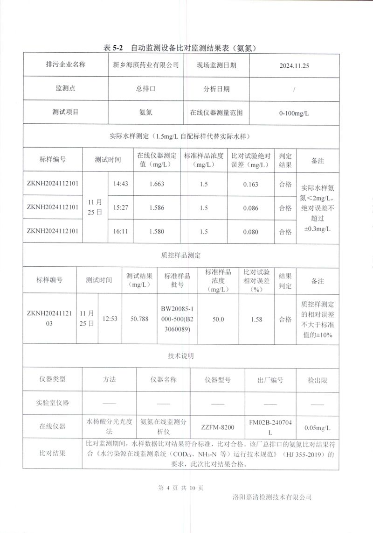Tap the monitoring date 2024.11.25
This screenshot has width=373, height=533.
pos(294,66)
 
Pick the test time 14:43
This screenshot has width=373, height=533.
pos(121,184)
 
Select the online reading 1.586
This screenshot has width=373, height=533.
pos(157,208)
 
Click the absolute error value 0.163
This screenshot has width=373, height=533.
pos(251,184)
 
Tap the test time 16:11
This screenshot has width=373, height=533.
pos(121,231)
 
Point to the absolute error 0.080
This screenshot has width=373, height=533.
pos(251,231)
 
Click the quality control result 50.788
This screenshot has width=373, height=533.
pos(139,319)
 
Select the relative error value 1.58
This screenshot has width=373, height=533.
pos(256,320)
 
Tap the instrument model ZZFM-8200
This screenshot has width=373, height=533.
pos(218,427)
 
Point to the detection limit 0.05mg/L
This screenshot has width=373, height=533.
pos(317,427)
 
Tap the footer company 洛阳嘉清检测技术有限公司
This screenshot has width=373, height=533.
pos(271,497)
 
